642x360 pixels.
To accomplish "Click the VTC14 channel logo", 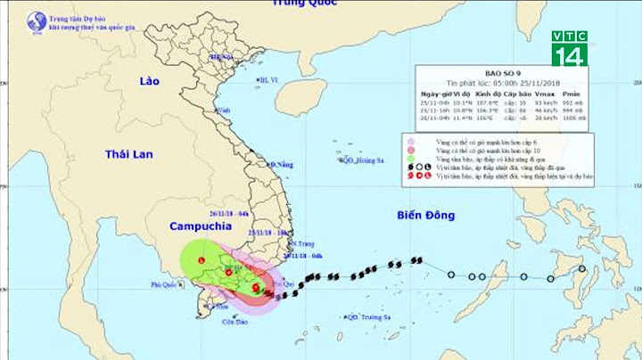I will pyautogui.click(x=569, y=48).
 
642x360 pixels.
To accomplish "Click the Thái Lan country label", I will pyautogui.click(x=129, y=154).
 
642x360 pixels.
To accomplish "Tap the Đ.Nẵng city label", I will pyautogui.click(x=282, y=165).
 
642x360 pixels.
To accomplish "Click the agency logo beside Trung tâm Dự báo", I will pyautogui.click(x=37, y=21).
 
